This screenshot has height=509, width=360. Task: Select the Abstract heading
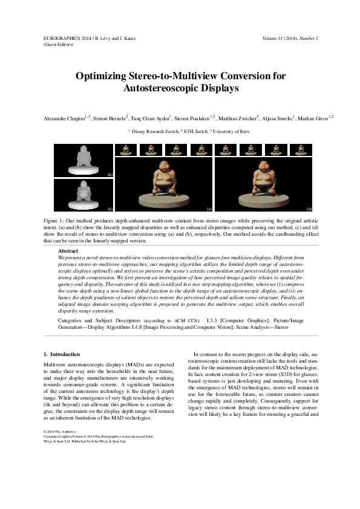pyautogui.click(x=68, y=250)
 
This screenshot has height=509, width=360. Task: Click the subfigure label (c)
pyautogui.click(x=209, y=208)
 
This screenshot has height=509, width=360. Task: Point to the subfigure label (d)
pyautogui.click(x=309, y=208)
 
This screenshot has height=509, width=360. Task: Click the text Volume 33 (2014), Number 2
pyautogui.click(x=290, y=38)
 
